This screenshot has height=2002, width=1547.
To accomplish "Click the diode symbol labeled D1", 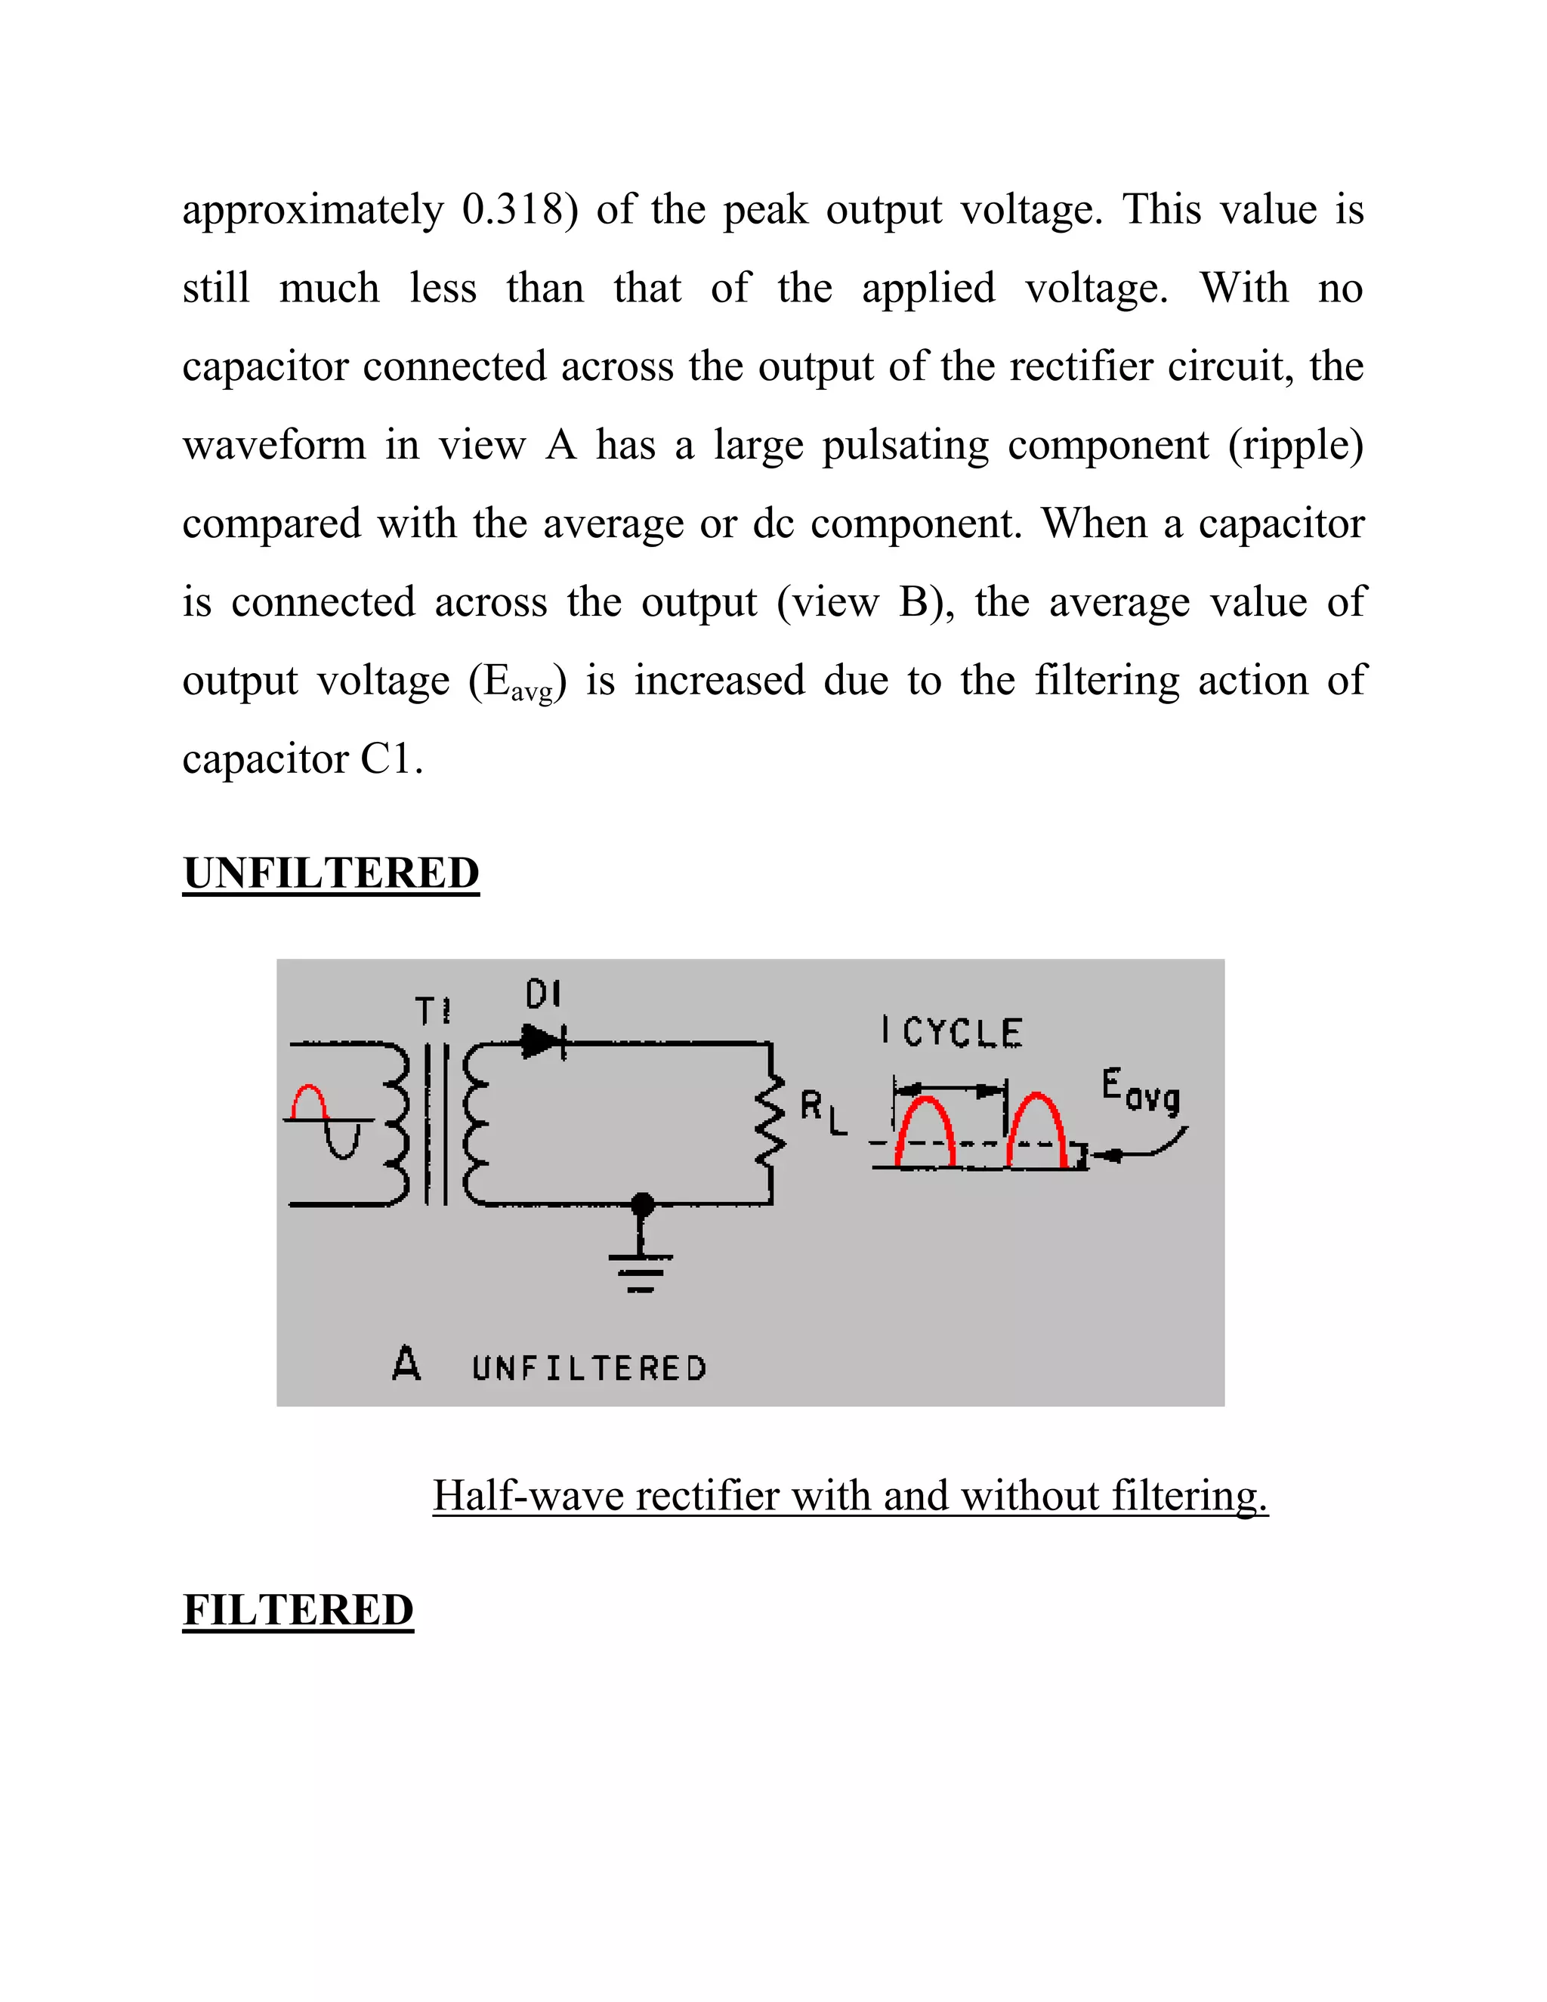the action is pos(543,1043).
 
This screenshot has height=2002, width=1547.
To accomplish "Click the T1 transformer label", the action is pos(433,1012).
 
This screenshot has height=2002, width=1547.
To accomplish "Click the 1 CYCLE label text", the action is pos(951,1032).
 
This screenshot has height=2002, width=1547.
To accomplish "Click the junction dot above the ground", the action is pos(644,1203).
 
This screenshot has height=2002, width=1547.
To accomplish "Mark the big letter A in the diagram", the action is pos(406,1363).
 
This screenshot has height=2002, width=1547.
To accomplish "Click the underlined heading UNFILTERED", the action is pos(331,873).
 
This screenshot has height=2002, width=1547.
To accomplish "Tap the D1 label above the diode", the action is pos(542,993).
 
